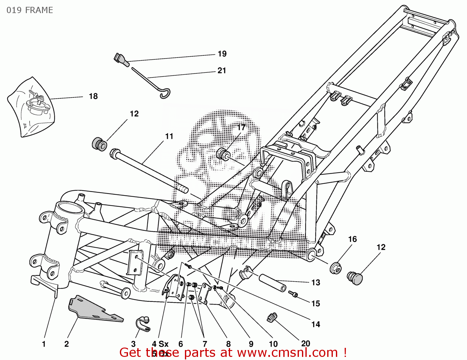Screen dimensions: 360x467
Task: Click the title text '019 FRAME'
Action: (x=30, y=10)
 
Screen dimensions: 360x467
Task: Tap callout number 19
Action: (x=222, y=54)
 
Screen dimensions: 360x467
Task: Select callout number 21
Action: (x=222, y=71)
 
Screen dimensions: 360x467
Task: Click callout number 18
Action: (x=93, y=96)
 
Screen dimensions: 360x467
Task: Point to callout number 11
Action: (x=169, y=136)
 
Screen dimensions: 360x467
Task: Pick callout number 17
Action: (x=241, y=128)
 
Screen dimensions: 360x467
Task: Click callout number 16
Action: (x=352, y=239)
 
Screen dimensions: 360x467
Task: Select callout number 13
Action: (x=316, y=283)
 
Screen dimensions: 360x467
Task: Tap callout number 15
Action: (x=316, y=304)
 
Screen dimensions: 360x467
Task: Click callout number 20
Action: (x=306, y=344)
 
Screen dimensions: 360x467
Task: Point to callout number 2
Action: (x=67, y=344)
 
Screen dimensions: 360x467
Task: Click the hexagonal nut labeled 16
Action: (x=336, y=268)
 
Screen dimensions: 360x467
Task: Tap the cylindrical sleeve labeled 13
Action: (x=273, y=282)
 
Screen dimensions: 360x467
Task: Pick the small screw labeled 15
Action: (x=293, y=294)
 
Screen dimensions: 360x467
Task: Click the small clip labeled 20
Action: (x=272, y=317)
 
